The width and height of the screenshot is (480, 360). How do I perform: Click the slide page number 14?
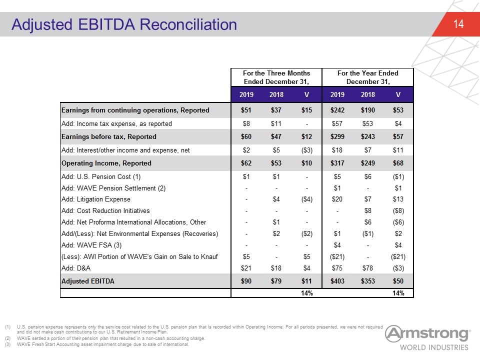[x=458, y=24]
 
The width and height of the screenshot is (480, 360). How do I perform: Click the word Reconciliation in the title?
[x=188, y=24]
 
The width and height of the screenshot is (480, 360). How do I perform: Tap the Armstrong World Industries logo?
[x=427, y=337]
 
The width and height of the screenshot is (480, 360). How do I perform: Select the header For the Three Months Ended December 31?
[x=276, y=77]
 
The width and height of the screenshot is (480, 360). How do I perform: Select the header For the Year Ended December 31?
[x=367, y=77]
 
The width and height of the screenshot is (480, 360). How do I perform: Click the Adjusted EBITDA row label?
[x=88, y=281]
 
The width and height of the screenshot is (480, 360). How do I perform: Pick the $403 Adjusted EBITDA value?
[x=337, y=281]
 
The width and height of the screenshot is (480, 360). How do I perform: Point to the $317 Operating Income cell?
[x=337, y=163]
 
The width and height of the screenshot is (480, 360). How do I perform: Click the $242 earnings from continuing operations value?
[x=337, y=110]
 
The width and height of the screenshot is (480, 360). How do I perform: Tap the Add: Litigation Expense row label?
[x=96, y=199]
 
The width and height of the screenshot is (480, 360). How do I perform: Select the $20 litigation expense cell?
[x=337, y=199]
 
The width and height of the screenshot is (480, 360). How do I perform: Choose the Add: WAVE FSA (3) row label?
[x=91, y=245]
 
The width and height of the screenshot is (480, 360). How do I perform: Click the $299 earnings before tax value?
[x=337, y=137]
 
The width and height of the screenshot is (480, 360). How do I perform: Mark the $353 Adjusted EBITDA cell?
[x=367, y=281]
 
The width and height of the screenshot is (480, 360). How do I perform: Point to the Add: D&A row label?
[x=76, y=268]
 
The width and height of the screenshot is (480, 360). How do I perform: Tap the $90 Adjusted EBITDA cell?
[x=246, y=281]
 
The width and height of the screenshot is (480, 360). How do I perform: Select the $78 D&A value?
[x=367, y=268]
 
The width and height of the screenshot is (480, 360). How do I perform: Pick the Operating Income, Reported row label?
[x=106, y=163]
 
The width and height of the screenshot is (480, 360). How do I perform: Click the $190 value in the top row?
[x=367, y=110]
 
